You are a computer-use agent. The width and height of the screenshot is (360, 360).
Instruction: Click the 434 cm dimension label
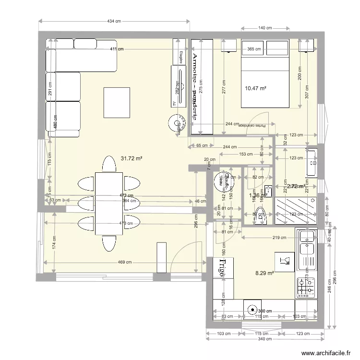tap(114, 21)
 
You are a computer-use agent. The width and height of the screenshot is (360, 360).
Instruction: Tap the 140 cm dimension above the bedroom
tap(265, 28)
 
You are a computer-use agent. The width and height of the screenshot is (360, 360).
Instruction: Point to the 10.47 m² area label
tap(255, 88)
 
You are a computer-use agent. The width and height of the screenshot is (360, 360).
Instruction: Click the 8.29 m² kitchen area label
tap(264, 273)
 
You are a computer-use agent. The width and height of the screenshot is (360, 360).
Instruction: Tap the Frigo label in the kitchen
tap(222, 268)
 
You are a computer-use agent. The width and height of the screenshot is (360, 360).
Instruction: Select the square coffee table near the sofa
tap(117, 103)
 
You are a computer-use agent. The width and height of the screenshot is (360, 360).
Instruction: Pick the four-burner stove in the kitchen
tap(306, 287)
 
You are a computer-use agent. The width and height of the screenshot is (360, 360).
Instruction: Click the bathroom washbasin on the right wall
tap(312, 164)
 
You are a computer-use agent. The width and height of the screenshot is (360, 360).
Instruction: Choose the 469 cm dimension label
tap(125, 262)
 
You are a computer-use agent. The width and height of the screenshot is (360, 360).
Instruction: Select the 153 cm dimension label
tap(246, 154)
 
